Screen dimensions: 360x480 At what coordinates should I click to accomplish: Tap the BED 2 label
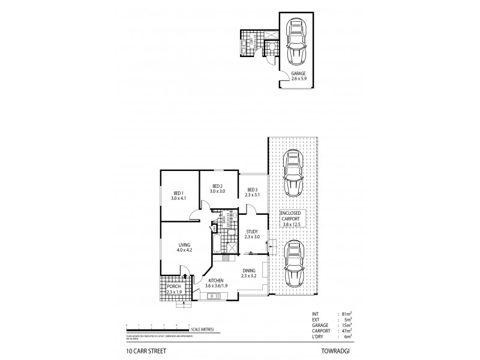217,187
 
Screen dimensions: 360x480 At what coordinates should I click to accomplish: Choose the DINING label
248,272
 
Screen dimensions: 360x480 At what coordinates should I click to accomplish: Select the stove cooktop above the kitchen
226,258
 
